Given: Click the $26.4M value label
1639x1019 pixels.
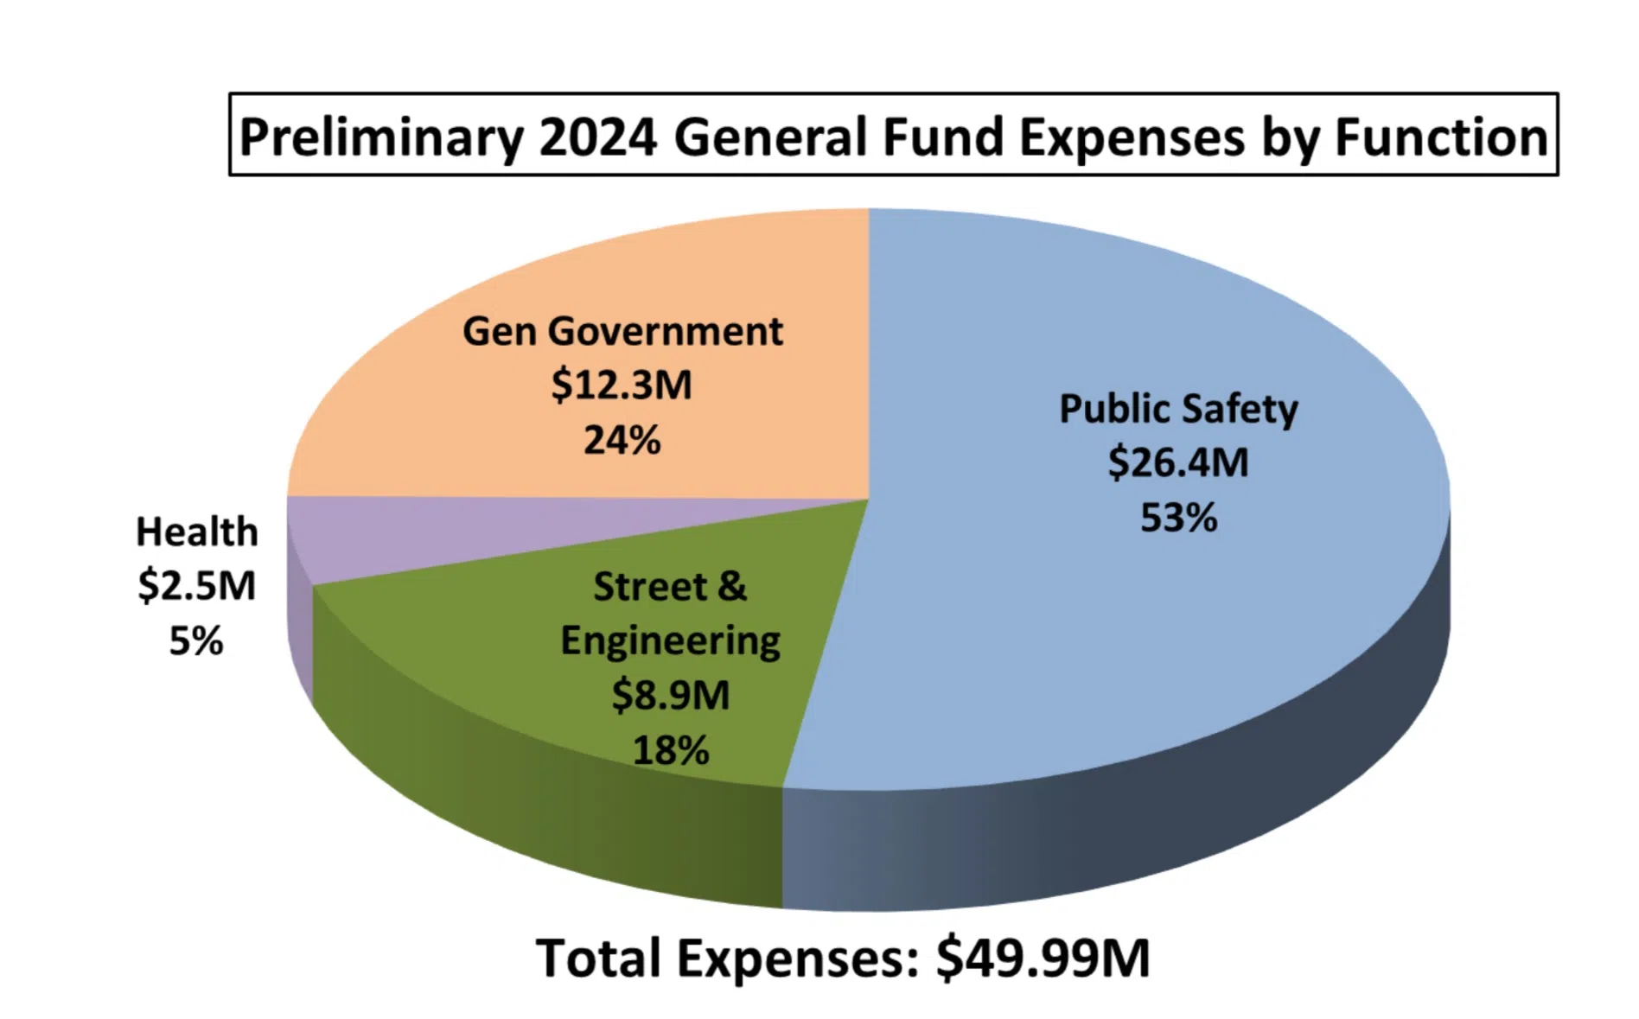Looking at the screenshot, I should point(1178,462).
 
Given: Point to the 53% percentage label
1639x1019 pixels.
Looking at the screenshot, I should point(1178,518).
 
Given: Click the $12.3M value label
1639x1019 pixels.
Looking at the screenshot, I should point(622,385).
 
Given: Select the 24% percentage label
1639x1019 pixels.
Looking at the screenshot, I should point(622,440).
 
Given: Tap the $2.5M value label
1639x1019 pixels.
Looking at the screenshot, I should point(197,586).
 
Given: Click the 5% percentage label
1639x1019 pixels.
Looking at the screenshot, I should point(196,640).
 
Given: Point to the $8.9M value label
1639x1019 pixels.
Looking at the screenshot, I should point(671,695).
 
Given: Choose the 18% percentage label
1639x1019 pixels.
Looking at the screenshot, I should point(671,749).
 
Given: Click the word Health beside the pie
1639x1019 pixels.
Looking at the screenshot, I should point(197,532).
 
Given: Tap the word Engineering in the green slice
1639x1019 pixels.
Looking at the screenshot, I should point(671,641).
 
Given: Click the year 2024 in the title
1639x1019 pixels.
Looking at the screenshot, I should point(598,137).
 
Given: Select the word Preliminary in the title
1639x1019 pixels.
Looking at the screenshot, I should point(381,137).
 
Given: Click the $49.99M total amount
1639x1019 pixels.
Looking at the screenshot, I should point(1043,958).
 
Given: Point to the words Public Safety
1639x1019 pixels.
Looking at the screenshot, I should point(1178,409).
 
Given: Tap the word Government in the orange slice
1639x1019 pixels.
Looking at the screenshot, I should point(666,331).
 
